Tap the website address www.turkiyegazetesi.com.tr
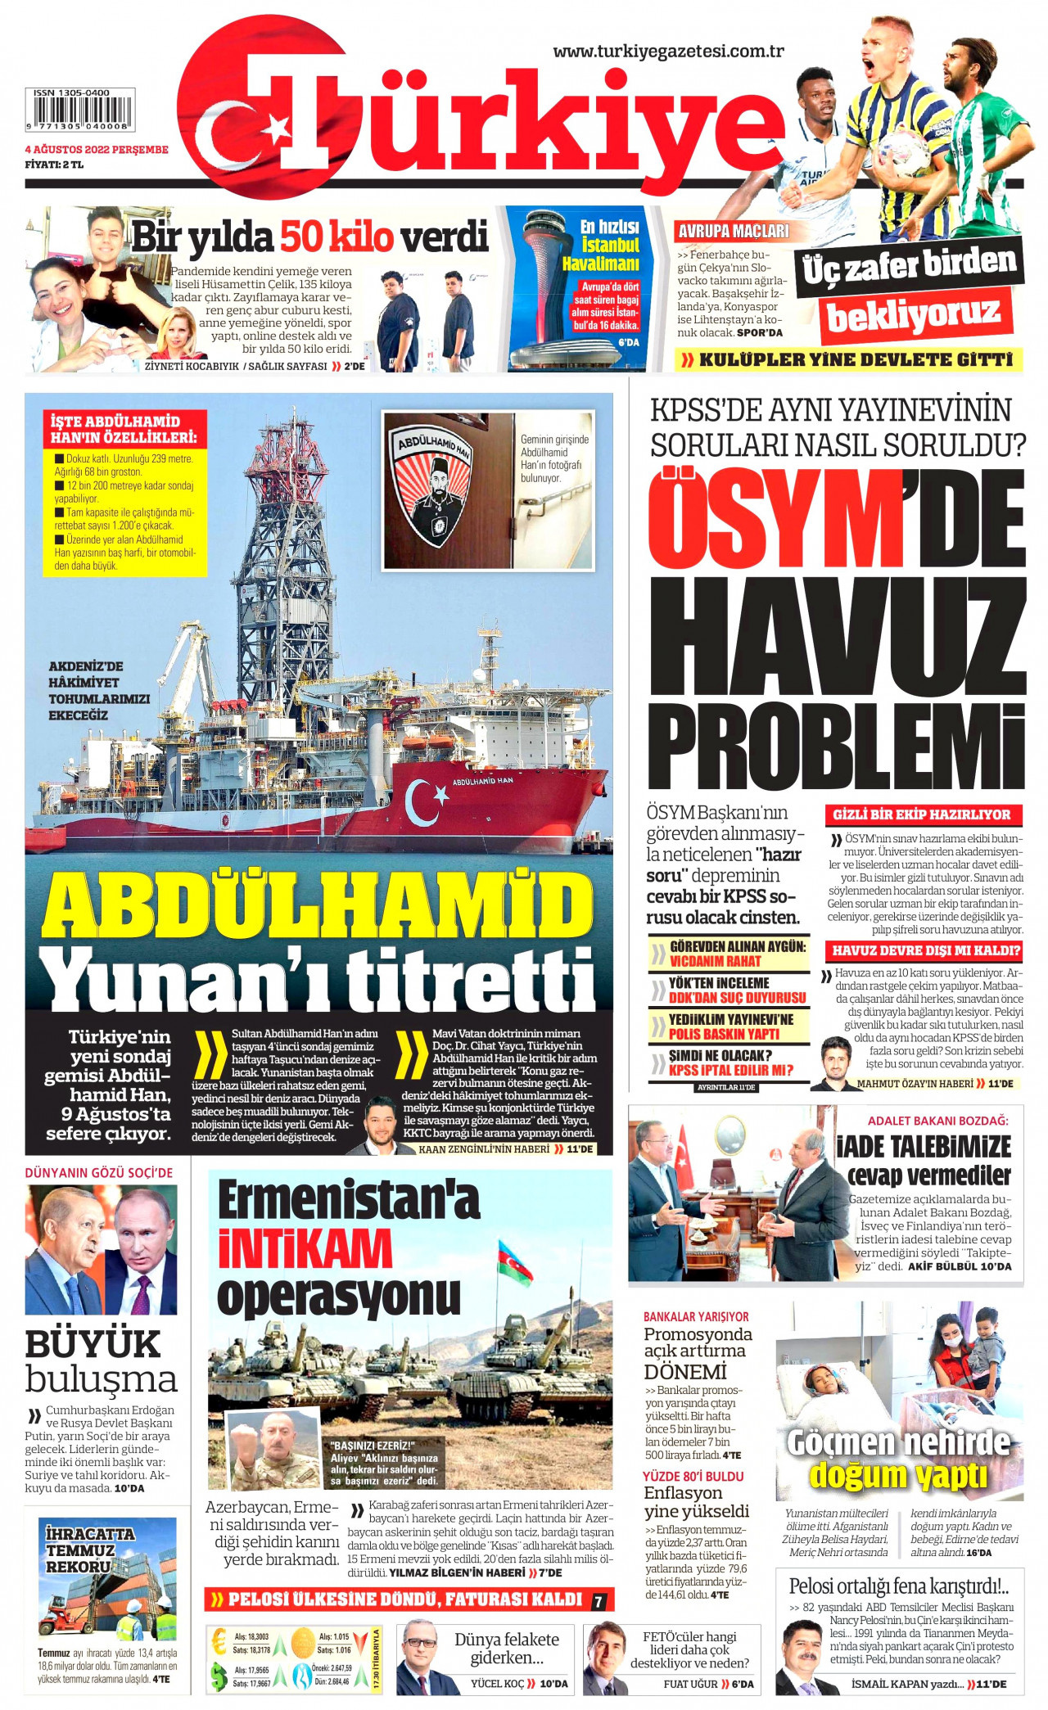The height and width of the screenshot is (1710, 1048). (668, 51)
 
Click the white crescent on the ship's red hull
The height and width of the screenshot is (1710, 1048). (420, 801)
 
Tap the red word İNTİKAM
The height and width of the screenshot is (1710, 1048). (305, 1249)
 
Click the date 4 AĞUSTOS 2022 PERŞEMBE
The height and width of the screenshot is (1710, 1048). (97, 150)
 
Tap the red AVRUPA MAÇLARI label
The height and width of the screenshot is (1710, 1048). (734, 231)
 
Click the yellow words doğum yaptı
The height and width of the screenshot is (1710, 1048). (897, 1474)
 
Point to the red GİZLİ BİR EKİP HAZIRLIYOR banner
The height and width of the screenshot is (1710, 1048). (922, 814)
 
